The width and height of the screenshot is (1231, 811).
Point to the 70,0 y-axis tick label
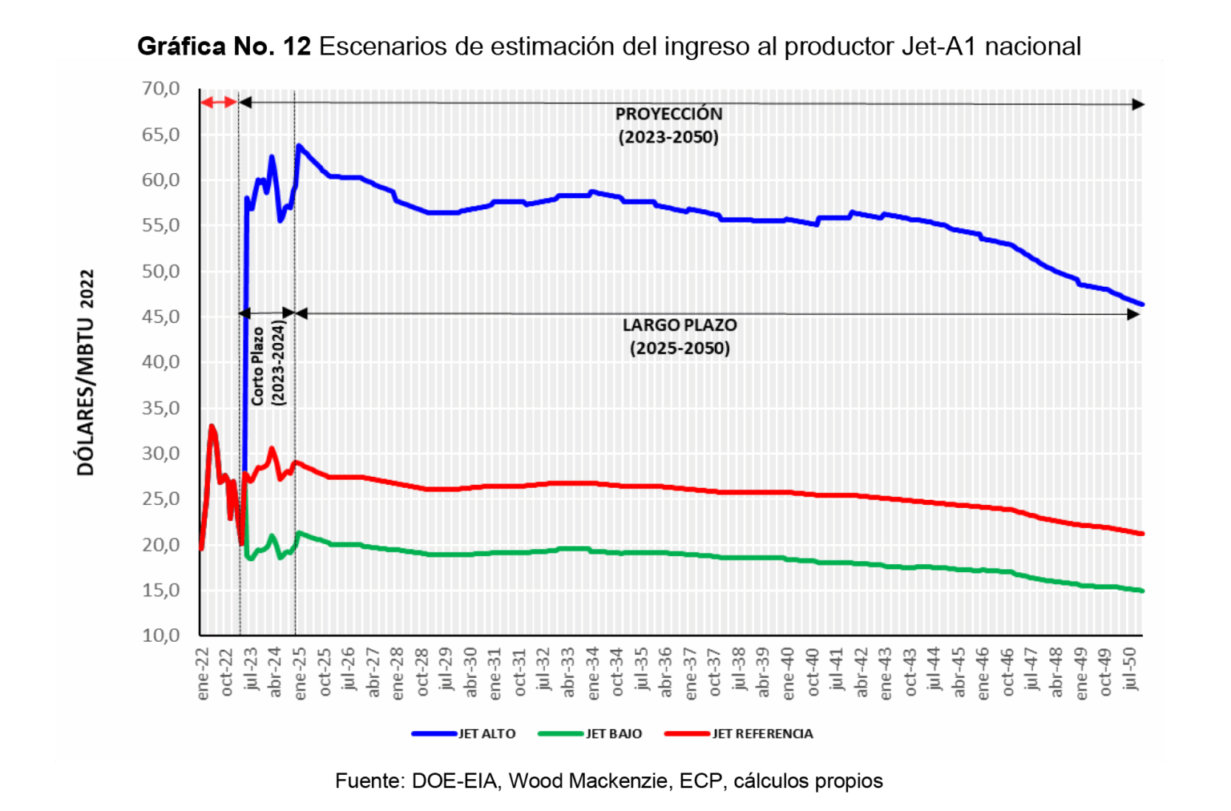[x=161, y=89]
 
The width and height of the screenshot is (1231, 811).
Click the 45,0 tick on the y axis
[x=161, y=317]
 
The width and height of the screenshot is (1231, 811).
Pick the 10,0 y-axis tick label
[x=161, y=635]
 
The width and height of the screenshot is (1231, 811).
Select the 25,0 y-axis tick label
[x=161, y=499]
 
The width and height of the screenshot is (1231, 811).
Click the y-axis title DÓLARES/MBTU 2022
[x=86, y=373]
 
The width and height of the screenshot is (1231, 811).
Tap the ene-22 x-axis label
[x=203, y=674]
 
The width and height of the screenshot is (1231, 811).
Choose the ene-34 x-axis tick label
[x=593, y=674]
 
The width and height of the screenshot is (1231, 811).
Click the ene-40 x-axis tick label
[x=789, y=674]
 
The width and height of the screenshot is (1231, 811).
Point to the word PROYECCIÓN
[x=668, y=114]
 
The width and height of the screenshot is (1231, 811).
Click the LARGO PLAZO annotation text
[x=680, y=325]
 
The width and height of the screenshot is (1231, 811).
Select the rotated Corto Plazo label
[x=258, y=365]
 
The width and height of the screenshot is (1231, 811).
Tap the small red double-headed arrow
[x=218, y=102]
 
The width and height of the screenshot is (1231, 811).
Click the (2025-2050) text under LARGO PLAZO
[x=680, y=349]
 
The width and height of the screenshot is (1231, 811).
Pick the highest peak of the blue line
[x=299, y=146]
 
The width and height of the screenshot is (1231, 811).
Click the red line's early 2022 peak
[x=212, y=426]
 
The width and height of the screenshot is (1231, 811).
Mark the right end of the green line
[x=1141, y=591]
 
